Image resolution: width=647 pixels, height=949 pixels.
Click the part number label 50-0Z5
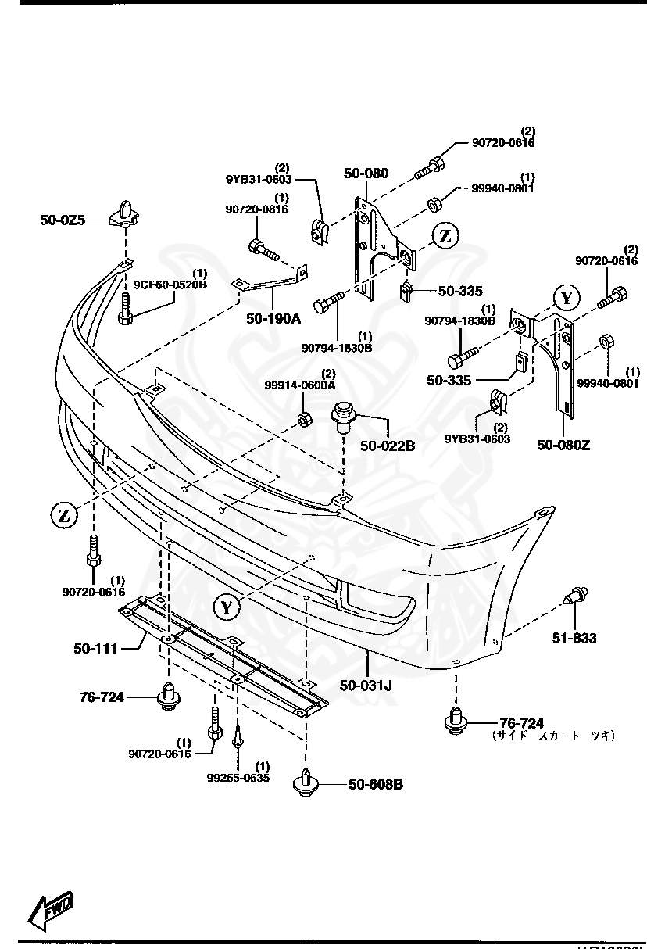pos(63,220)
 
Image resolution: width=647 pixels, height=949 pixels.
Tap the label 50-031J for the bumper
pos(366,686)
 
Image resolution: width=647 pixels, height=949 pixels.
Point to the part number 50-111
pos(96,648)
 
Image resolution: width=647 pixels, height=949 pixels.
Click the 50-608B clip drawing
pos(305,782)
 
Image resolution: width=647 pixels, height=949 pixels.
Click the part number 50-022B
pos(388,446)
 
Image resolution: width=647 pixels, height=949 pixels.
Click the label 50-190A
pos(273,318)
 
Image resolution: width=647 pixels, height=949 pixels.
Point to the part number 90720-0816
pos(257,209)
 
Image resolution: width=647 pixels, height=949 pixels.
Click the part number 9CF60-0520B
pos(170,284)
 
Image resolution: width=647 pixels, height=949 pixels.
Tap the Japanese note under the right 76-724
pos(553,736)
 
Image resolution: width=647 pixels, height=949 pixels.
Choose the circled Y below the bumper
pos(226,606)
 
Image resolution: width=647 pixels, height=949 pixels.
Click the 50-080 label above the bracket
pos(365,174)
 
